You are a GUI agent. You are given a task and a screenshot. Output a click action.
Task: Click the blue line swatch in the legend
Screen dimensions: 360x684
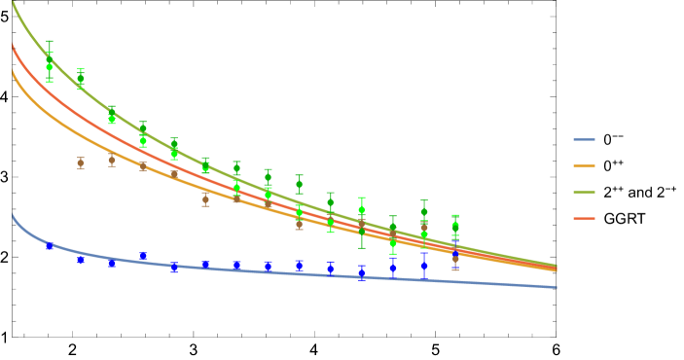tap(584, 140)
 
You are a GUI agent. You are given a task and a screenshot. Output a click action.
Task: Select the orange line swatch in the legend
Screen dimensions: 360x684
tap(584, 166)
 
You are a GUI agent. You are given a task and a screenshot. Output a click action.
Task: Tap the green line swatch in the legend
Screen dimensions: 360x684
tap(584, 193)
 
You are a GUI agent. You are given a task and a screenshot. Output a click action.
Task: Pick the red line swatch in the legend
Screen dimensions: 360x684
tap(584, 219)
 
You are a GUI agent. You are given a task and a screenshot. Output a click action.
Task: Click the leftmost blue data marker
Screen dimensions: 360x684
tap(50, 246)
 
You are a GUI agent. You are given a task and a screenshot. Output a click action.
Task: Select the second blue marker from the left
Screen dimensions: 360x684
tap(81, 260)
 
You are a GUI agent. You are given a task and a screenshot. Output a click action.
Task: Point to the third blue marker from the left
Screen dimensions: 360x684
tap(112, 264)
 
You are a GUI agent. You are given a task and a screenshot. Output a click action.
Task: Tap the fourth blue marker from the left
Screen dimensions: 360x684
tap(143, 256)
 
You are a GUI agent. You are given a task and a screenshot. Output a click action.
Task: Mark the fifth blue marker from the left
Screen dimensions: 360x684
tap(174, 268)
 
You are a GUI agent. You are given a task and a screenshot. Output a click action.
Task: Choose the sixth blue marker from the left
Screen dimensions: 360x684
tap(205, 265)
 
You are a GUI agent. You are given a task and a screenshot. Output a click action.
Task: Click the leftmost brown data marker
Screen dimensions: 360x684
tap(81, 163)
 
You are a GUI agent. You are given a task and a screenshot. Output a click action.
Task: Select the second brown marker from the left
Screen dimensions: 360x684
tap(112, 161)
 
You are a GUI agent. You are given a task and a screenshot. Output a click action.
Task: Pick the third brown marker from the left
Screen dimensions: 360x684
tap(143, 167)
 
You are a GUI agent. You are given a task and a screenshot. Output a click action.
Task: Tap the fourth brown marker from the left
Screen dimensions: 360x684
tap(174, 175)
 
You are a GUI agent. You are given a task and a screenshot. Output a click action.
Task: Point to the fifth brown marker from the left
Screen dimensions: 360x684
tap(205, 199)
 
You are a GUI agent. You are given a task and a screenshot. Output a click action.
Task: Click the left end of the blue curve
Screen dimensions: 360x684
tap(13, 214)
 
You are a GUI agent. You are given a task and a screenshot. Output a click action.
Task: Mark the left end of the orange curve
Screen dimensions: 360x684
tap(13, 70)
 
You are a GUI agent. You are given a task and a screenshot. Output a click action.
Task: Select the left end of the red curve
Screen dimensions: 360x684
tap(13, 45)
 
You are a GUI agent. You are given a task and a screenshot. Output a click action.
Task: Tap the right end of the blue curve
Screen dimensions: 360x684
tap(557, 287)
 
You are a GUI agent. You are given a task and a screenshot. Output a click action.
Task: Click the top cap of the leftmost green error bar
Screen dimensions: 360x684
tap(50, 42)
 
